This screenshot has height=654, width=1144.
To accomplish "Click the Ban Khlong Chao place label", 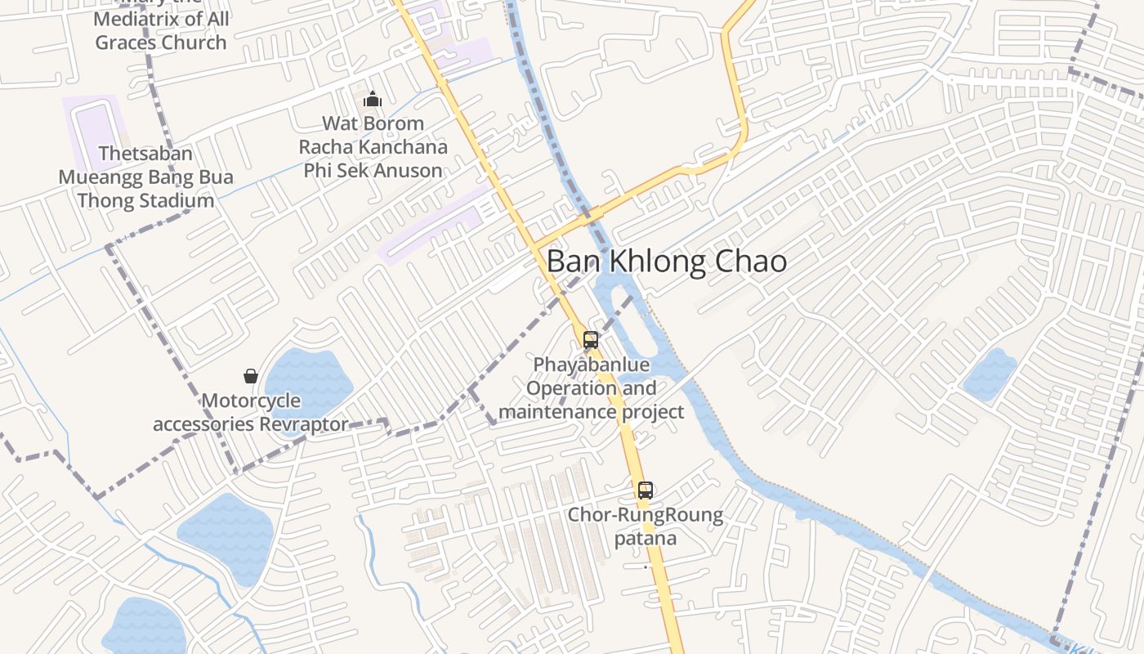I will [666, 262].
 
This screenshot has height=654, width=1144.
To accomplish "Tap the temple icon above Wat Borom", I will [373, 100].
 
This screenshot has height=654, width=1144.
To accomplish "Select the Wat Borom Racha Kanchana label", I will [373, 147].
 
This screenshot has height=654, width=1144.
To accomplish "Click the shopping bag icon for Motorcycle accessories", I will [251, 376].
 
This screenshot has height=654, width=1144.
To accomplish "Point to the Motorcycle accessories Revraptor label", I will [251, 413].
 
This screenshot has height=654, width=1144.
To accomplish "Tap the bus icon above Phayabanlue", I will [591, 340].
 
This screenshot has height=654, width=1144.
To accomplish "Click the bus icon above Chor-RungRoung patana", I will [646, 490].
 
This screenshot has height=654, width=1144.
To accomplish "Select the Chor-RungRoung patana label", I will [646, 526].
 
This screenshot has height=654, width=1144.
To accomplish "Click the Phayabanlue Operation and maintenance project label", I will [591, 387].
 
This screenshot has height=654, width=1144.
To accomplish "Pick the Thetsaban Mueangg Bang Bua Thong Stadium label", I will [145, 177].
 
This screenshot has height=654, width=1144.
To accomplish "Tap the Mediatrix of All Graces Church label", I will [161, 30].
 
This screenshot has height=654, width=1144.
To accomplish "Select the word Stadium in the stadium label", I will [176, 200].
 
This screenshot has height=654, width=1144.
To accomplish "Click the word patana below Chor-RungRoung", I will [646, 539].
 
